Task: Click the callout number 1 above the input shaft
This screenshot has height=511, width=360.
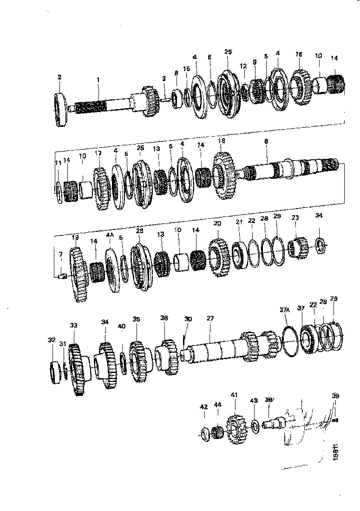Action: click(98, 80)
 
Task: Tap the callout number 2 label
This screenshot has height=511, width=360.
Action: click(59, 77)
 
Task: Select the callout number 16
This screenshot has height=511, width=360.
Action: click(299, 54)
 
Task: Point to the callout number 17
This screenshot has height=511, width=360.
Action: click(98, 153)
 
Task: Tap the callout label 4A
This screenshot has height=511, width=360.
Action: click(110, 236)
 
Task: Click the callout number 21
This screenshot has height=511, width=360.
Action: click(239, 223)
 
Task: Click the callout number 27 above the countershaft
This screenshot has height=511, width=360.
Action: click(210, 319)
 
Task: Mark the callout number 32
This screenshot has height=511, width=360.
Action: click(51, 340)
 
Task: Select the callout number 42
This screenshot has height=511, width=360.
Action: click(203, 407)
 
